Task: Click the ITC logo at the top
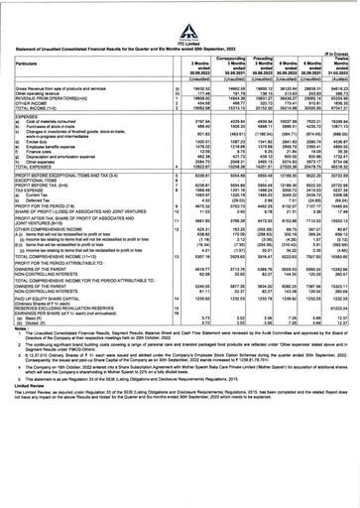[x=180, y=11]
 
